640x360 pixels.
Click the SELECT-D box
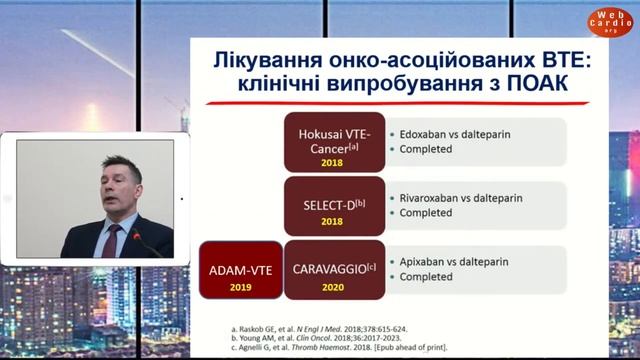pos(332,205)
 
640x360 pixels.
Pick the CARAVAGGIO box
pos(332,267)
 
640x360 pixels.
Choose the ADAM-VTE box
pos(239,269)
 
